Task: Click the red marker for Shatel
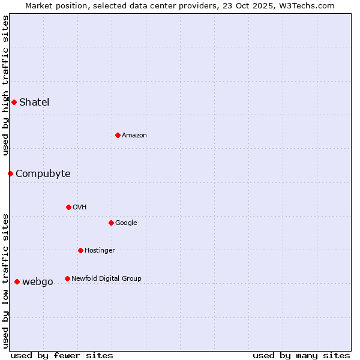pos(14,102)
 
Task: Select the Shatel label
pos(34,102)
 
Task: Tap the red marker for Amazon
pos(118,135)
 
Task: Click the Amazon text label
pos(134,136)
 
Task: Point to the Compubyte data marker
pos(10,173)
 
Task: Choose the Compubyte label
pos(43,174)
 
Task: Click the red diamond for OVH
pos(68,207)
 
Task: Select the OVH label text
pos(80,208)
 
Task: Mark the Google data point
pos(111,223)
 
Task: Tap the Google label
pos(126,223)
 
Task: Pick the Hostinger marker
pos(80,250)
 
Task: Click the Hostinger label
pos(100,251)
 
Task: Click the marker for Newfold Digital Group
pos(67,278)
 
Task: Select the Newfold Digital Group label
pos(106,279)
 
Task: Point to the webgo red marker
pos(17,281)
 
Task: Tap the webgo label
pos(38,282)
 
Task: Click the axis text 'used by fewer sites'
pos(62,355)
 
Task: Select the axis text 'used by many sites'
pos(301,355)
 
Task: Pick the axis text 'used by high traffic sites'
pos(5,85)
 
